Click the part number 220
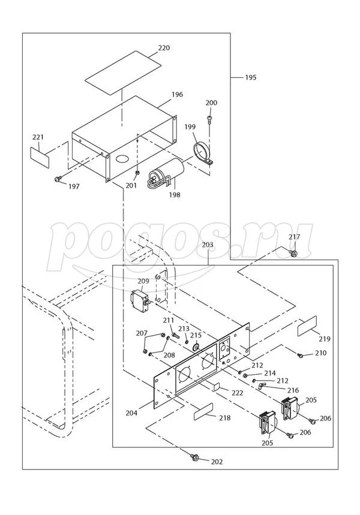coord(147,47)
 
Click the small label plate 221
coord(39,153)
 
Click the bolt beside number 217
coord(293,254)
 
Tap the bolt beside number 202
coord(196,458)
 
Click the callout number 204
coord(133,412)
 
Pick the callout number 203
coord(208,245)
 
